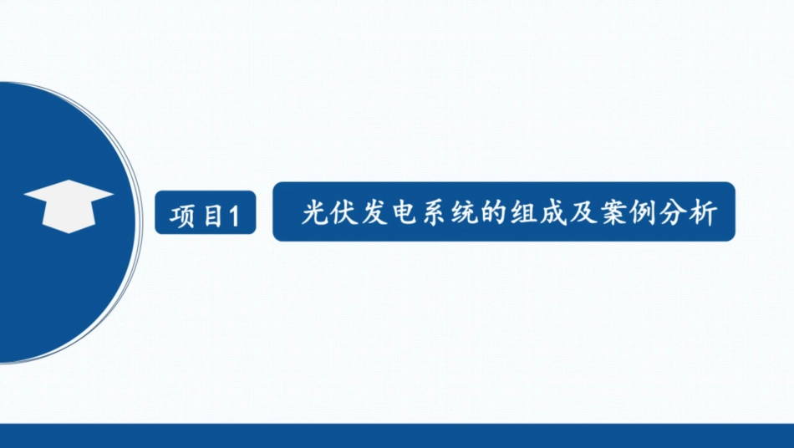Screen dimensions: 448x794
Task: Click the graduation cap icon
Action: point(69,206)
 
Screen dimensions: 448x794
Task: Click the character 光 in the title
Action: point(313,213)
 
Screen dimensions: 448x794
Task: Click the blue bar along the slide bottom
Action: point(397,435)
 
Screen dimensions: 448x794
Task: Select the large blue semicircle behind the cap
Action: point(59,293)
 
